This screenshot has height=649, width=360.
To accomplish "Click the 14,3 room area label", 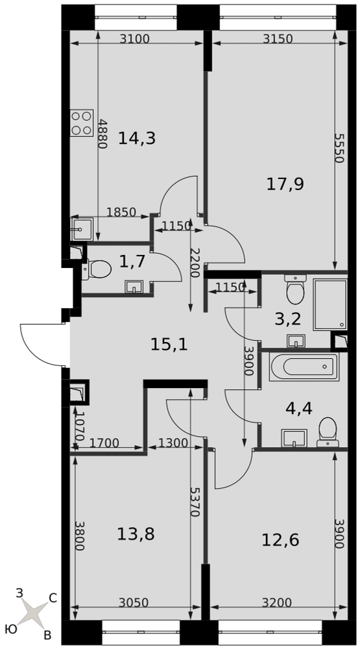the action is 137,138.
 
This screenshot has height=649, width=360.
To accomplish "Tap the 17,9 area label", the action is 285,184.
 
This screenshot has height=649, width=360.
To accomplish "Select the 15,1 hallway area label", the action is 169,344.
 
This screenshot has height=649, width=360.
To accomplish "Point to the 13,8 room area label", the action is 136,534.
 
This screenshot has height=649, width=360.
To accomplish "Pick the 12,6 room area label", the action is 281,540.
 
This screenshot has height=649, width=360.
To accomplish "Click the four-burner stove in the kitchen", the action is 82,123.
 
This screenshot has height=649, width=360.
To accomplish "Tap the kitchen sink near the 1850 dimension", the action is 82,229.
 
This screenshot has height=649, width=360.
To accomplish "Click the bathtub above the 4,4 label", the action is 304,366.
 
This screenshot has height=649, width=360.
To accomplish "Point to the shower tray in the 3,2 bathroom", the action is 330,304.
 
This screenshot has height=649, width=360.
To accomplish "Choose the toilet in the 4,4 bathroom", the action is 328,432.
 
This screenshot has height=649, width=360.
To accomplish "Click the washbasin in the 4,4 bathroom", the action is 294,438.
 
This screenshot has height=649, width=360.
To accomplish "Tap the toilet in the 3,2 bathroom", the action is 295,289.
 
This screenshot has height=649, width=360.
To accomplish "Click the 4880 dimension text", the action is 102,134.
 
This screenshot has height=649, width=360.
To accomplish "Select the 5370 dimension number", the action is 195,502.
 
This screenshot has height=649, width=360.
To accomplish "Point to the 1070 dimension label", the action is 80,426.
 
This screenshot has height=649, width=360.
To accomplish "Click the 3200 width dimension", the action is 277,602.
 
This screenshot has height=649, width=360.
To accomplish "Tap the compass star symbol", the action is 34,614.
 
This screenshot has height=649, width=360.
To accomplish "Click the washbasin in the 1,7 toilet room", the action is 134,286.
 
